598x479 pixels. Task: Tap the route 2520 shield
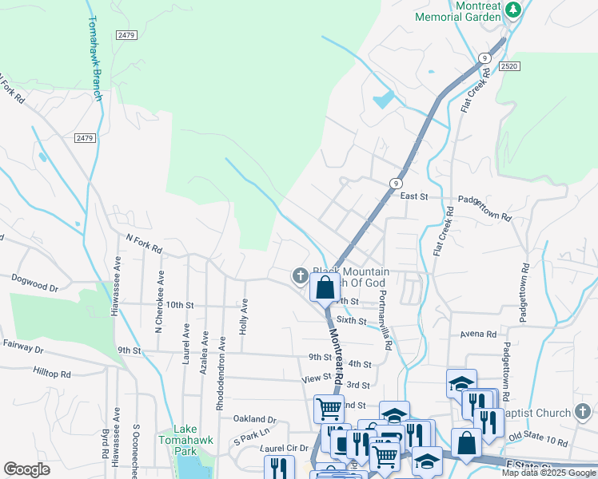(511, 67)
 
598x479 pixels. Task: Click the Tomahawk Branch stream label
(92, 59)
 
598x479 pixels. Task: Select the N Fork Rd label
(145, 243)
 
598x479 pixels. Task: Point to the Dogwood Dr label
(34, 282)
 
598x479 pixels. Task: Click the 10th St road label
(180, 305)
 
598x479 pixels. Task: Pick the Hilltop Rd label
(52, 373)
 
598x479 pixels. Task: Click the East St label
(414, 196)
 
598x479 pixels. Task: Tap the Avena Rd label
(479, 335)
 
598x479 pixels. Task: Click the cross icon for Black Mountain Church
(300, 276)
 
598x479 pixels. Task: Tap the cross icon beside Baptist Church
(584, 412)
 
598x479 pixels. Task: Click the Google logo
(26, 469)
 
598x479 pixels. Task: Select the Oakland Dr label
(254, 418)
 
